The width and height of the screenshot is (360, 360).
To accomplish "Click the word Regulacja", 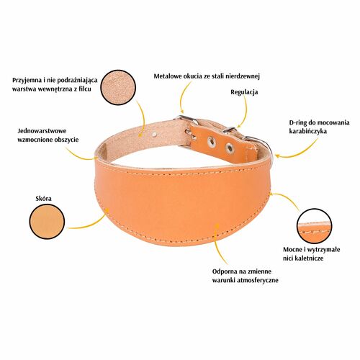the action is click(244, 92).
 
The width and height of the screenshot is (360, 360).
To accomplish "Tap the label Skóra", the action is click(43, 199).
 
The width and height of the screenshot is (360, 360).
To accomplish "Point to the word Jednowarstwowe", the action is click(42, 131).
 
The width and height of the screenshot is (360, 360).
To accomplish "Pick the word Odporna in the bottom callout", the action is click(225, 271).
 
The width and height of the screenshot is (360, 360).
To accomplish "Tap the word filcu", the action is click(84, 89).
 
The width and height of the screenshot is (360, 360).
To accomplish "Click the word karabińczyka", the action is click(307, 131).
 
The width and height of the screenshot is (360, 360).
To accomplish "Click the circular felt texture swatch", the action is click(118, 87).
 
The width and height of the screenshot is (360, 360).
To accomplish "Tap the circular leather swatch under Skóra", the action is click(47, 222).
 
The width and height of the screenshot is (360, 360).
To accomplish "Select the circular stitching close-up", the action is click(314, 226).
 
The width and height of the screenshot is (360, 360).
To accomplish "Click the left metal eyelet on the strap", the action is click(212, 142).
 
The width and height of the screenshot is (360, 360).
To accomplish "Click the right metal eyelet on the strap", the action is click(230, 148).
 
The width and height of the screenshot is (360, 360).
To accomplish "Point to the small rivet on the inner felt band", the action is click(155, 134).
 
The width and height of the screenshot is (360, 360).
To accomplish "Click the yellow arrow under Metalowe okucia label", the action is click(183, 96).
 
